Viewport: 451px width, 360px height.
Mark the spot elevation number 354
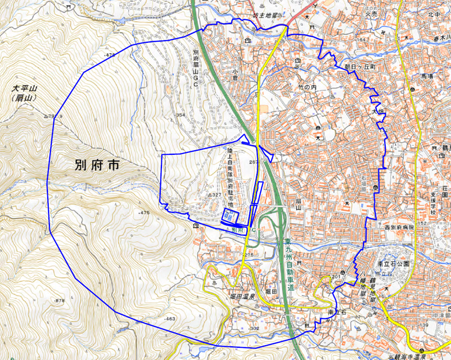tap(181, 116)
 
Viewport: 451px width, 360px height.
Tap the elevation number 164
tap(362, 40)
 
